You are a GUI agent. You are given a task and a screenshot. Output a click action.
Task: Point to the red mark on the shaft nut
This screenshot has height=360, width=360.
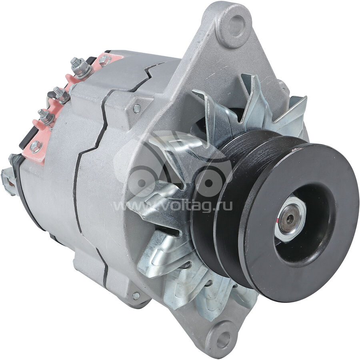(x=278, y=221)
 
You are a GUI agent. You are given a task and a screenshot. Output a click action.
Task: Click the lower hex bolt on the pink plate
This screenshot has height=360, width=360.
(x=36, y=146)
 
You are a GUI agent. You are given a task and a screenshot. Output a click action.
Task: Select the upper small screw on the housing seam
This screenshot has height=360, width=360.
(x=137, y=108)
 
